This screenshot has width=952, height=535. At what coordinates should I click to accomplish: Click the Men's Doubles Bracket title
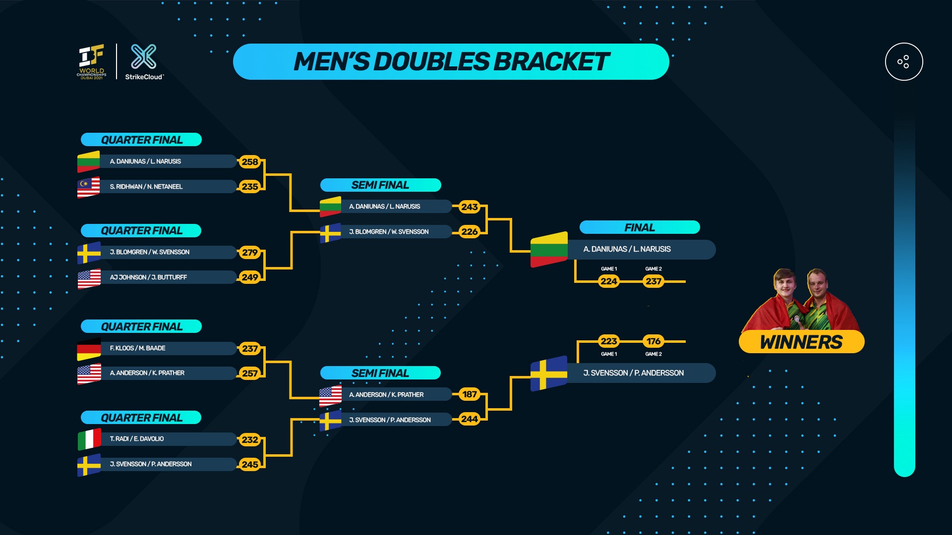coord(451,62)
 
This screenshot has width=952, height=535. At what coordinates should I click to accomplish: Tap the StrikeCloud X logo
coord(143,56)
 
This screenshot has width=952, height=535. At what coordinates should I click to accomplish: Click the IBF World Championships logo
coord(92,61)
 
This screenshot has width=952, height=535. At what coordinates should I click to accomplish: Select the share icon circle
coord(903,62)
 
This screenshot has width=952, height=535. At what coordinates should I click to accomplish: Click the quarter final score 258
coord(250,161)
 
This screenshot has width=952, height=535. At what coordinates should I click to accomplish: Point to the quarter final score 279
coord(250,253)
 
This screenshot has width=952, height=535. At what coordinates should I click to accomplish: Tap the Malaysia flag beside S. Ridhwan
coord(88,187)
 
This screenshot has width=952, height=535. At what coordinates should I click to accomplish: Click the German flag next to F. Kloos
coord(89,349)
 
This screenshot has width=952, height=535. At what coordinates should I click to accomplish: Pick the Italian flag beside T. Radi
coord(89,439)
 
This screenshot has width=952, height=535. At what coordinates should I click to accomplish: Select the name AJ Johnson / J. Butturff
coord(148,277)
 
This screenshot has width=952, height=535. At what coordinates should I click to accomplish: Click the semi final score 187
coord(470,394)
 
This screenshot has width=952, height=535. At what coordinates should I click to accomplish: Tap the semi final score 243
coord(470,207)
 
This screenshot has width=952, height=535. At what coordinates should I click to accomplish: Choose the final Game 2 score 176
coord(654,341)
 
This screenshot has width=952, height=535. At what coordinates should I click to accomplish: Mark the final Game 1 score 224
coord(609,281)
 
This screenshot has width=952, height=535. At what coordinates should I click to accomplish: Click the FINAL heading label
coord(640,227)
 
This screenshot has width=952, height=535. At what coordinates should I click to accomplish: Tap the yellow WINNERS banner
coord(801,342)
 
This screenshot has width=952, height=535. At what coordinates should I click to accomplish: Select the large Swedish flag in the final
coord(548,374)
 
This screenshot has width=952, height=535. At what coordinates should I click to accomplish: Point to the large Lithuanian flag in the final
coord(548,249)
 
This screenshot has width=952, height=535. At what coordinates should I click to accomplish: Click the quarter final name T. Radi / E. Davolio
coord(137,439)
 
